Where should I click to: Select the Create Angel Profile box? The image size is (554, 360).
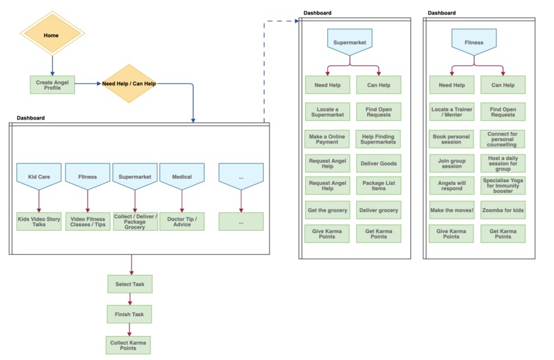coord(52,85)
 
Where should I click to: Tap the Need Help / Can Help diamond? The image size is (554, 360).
coord(129,85)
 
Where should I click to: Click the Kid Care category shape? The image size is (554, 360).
coord(39,177)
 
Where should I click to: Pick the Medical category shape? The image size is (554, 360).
coord(182,177)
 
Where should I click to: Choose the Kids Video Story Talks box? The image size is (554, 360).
coord(39,221)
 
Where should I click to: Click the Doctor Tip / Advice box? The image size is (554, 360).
coord(182,221)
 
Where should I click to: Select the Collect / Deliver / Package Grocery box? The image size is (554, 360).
coord(135,221)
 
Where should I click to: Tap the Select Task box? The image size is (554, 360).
coord(129,284)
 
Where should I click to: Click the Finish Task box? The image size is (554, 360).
coord(129,314)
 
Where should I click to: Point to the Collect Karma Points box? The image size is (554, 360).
coord(129,345)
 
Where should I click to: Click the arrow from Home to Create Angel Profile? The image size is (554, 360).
coord(52,65)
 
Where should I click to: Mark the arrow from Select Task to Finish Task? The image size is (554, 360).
coord(129,299)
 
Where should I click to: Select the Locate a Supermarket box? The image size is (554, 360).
coord(327,111)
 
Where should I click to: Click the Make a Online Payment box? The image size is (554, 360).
coord(327,138)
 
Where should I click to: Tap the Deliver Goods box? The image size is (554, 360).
coord(379,164)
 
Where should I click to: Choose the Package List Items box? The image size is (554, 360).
coord(379,185)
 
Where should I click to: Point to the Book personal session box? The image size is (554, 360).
coord(451,138)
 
